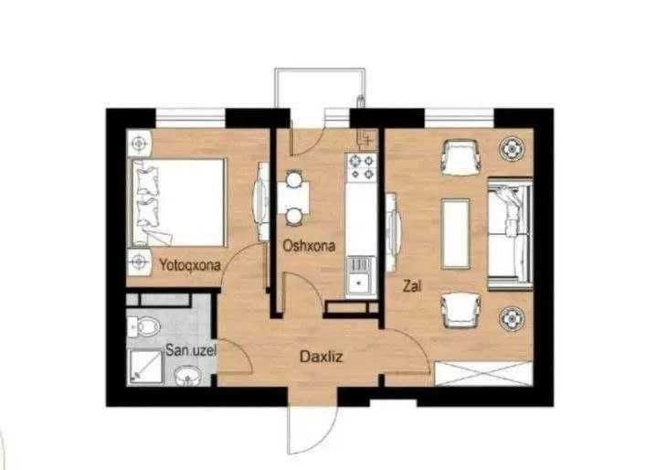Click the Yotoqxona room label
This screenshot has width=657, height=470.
click(x=190, y=265)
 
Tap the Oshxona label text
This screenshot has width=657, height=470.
click(x=309, y=246)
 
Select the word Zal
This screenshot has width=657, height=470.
click(x=412, y=286)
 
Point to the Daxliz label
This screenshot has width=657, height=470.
click(x=322, y=357)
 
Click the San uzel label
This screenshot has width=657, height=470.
click(x=191, y=350)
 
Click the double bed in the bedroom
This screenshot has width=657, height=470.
click(x=179, y=202)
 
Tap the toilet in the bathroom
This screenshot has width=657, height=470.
click(x=143, y=326)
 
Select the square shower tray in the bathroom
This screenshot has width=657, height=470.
click(x=145, y=367)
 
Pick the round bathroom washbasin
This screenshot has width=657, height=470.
click(x=187, y=375)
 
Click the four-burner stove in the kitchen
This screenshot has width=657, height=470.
click(x=361, y=166)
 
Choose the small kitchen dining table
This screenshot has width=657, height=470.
click(x=294, y=198)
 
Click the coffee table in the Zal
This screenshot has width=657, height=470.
click(x=455, y=233)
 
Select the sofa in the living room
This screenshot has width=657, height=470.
click(x=511, y=233)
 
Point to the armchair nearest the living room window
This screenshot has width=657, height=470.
click(x=461, y=157)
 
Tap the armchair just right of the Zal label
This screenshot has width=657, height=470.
click(x=461, y=310)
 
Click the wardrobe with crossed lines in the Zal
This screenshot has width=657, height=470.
click(x=484, y=374)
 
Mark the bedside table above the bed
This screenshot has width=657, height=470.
click(x=140, y=144)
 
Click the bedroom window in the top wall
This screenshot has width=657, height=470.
click(x=191, y=118)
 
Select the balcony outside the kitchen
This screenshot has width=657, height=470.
click(x=320, y=88)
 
